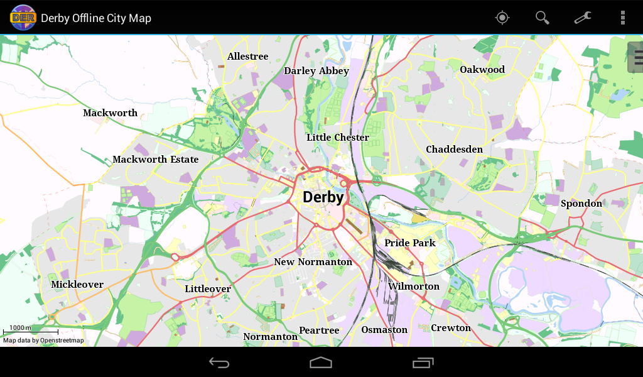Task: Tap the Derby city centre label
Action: pyautogui.click(x=323, y=197)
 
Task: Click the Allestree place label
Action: pyautogui.click(x=247, y=57)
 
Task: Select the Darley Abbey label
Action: pyautogui.click(x=316, y=71)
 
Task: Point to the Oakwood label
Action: pyautogui.click(x=482, y=69)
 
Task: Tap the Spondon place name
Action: pyautogui.click(x=581, y=203)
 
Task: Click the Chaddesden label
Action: pyautogui.click(x=454, y=150)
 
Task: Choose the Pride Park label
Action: pyautogui.click(x=409, y=243)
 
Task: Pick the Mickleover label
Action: pyautogui.click(x=77, y=285)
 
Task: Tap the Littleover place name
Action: pyautogui.click(x=208, y=289)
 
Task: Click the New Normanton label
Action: pyautogui.click(x=313, y=262)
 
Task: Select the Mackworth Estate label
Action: pyautogui.click(x=155, y=160)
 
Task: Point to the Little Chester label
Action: pyautogui.click(x=337, y=138)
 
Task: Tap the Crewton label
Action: pyautogui.click(x=450, y=328)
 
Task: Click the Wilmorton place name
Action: pyautogui.click(x=413, y=287)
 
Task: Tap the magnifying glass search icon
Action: pyautogui.click(x=542, y=18)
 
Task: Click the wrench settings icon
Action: pyautogui.click(x=583, y=18)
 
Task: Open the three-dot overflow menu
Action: pyautogui.click(x=622, y=18)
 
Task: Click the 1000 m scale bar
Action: pyautogui.click(x=30, y=330)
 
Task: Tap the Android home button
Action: pyautogui.click(x=321, y=363)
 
